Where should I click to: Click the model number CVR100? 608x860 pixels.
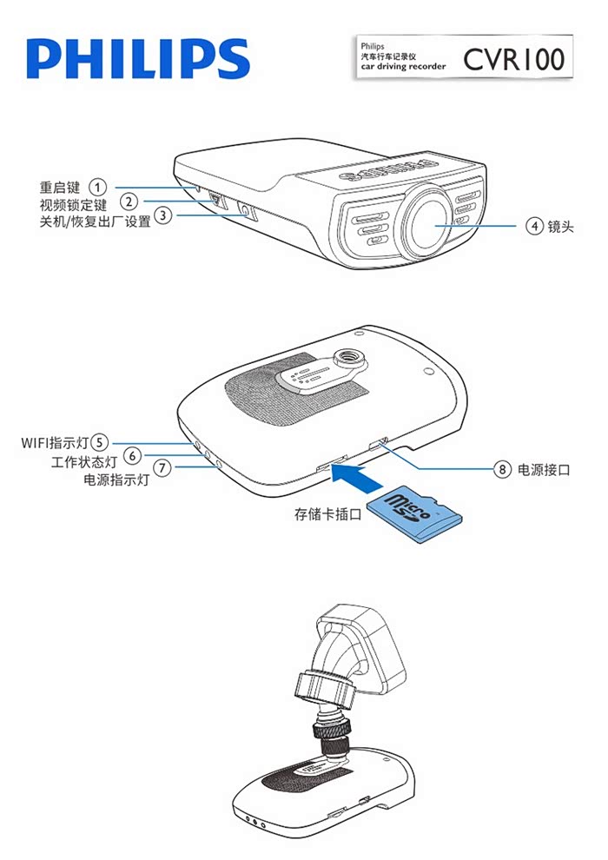pos(513,59)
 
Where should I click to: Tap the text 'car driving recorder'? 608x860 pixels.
pos(403,66)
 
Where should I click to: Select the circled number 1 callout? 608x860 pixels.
pos(99,187)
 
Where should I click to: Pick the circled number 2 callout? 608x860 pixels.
pos(128,203)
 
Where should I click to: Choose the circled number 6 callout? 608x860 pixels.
pos(132,455)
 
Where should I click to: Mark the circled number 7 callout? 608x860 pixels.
pos(162,469)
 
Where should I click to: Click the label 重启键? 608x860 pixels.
pos(60,188)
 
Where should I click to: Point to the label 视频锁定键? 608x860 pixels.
pos(73,205)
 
